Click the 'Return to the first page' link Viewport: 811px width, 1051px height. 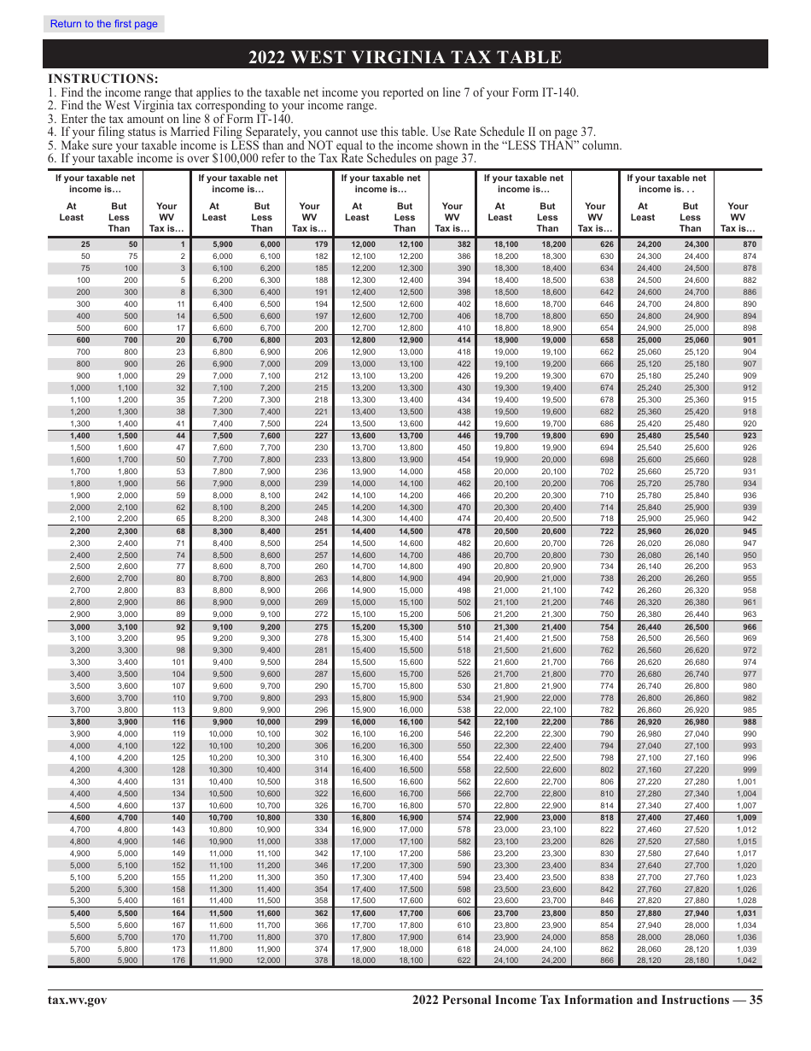point(104,24)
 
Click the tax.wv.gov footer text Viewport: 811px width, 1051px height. point(77,1001)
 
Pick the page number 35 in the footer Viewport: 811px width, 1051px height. point(756,1001)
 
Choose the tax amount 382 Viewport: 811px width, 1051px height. point(464,244)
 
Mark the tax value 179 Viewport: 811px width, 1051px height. point(321,244)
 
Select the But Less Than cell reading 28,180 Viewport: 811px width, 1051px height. point(690,960)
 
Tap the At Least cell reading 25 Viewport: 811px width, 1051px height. point(85,244)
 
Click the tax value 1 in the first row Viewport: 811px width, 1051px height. point(183,244)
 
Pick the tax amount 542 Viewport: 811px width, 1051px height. point(464,722)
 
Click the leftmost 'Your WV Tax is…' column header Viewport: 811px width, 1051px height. point(167,217)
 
